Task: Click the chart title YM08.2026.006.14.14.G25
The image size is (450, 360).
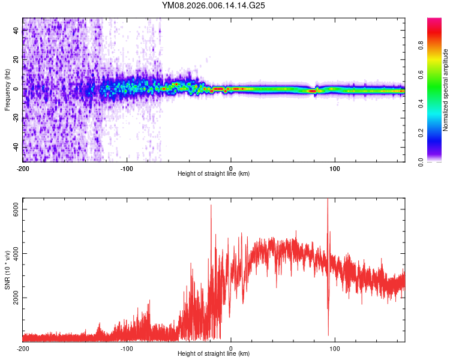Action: click(214, 5)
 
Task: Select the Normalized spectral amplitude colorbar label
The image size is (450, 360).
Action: click(445, 90)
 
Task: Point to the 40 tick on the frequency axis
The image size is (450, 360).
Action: click(16, 31)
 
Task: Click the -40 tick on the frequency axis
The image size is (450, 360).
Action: click(16, 146)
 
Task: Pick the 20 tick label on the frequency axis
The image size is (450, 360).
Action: click(16, 60)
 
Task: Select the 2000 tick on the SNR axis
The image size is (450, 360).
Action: click(16, 298)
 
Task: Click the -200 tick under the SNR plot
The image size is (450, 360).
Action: click(23, 348)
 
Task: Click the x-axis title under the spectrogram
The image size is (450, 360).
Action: click(214, 174)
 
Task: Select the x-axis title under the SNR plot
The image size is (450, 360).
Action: click(214, 354)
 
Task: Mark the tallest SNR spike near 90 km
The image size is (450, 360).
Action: click(328, 200)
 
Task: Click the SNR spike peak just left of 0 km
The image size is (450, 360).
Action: click(211, 205)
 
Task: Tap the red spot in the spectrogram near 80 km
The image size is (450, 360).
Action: click(313, 91)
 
